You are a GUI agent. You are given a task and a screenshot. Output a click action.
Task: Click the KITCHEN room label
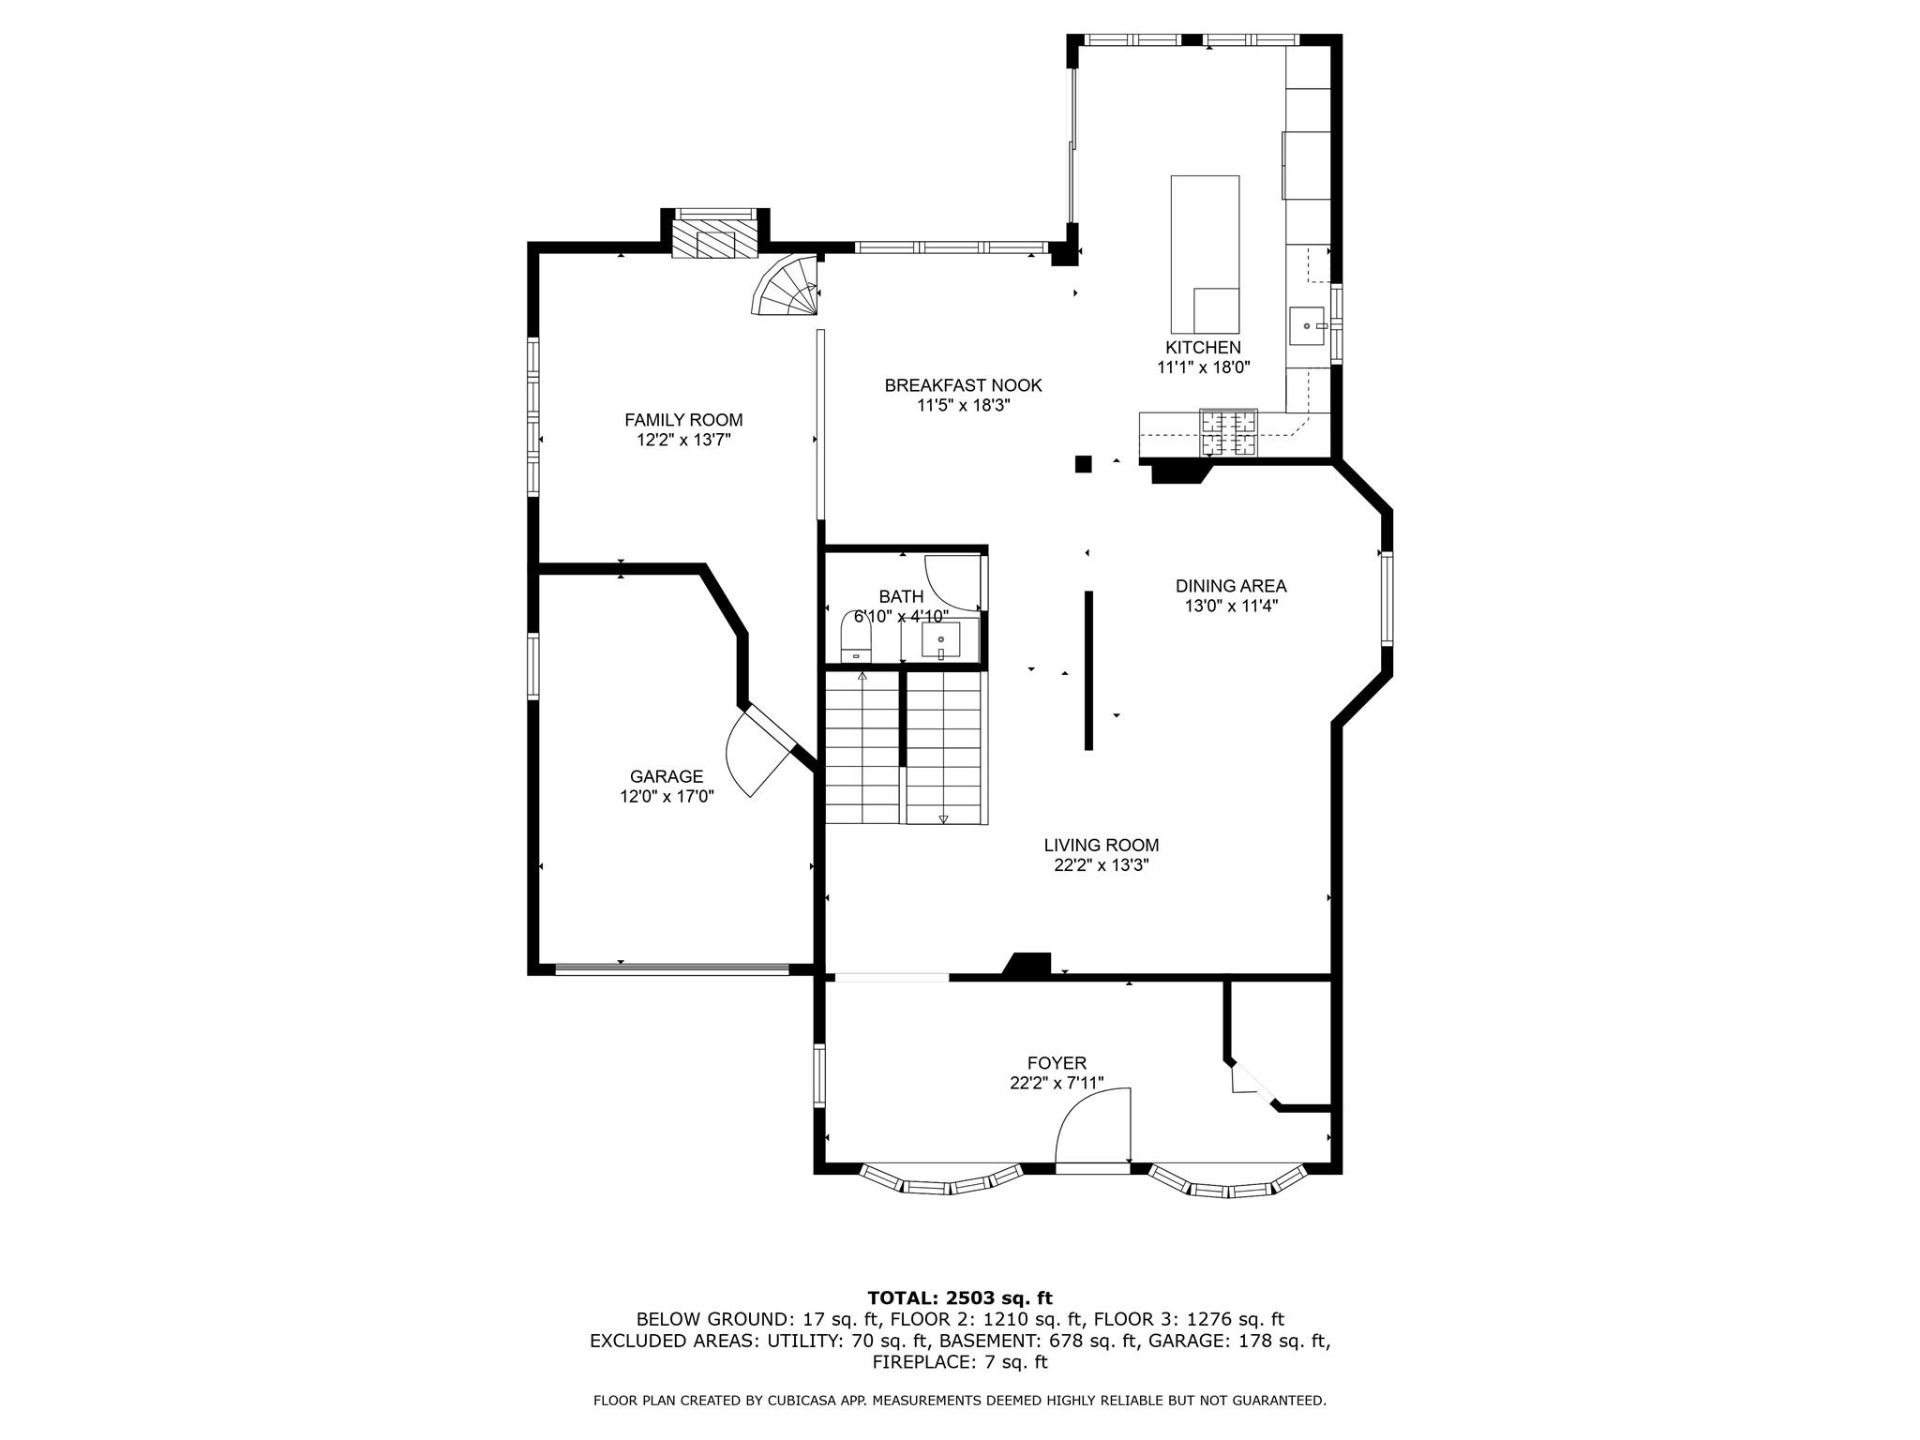tap(1203, 348)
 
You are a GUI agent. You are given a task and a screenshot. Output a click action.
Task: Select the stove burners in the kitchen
tap(1229, 434)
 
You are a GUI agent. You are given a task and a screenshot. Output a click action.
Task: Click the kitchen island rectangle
tap(1205, 248)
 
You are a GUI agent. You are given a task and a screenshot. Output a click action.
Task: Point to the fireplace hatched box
tap(714, 238)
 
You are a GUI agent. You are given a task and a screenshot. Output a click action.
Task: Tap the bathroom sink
tap(940, 641)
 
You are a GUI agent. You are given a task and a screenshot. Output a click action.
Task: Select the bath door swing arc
tap(951, 584)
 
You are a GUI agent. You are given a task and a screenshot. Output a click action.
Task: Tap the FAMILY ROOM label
tap(683, 420)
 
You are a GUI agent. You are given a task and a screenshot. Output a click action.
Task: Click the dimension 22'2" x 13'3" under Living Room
tap(1102, 865)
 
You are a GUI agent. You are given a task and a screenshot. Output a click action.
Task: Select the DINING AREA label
tap(1231, 586)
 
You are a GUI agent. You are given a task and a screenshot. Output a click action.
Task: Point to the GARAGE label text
tap(667, 776)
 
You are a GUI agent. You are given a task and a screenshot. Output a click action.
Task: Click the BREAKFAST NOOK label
tap(963, 385)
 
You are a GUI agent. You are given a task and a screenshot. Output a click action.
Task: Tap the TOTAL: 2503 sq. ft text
tap(960, 1297)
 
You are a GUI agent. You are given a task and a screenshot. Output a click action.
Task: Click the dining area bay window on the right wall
tap(1386, 598)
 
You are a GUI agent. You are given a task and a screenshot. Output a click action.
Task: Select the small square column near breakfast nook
tap(1084, 463)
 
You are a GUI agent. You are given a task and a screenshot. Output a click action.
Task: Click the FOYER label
tap(1057, 1063)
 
